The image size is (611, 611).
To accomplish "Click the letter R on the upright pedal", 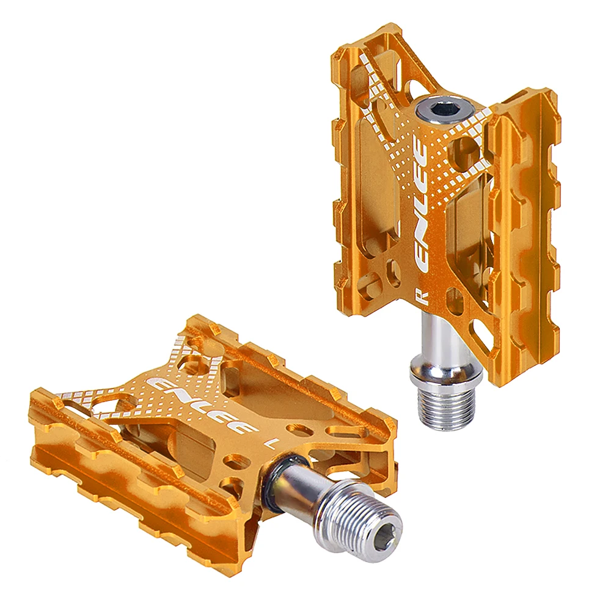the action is (x=425, y=297).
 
